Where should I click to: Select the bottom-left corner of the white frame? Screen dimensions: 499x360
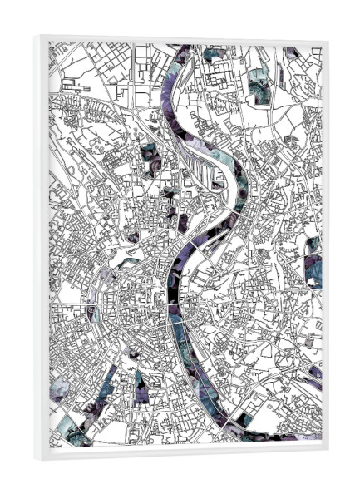(37, 457)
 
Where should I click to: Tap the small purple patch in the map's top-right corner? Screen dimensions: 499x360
(290, 53)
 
